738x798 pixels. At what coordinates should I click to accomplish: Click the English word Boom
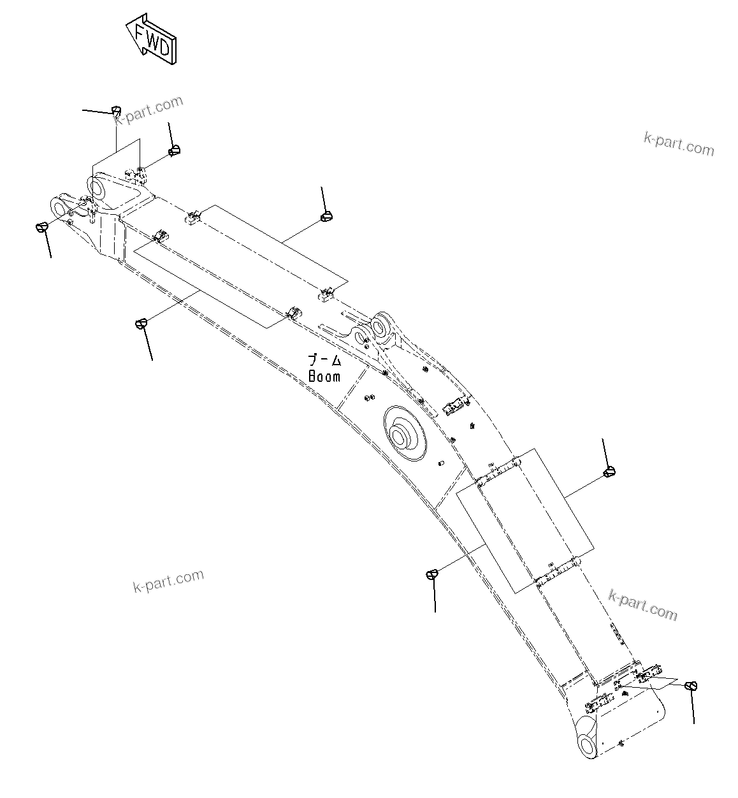pos(324,377)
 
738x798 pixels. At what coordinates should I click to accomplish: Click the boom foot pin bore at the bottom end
pos(588,744)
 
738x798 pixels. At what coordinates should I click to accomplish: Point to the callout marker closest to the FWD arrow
pos(117,110)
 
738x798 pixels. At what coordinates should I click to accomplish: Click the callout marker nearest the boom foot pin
pos(691,686)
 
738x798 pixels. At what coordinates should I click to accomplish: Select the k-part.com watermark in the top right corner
pos(679,144)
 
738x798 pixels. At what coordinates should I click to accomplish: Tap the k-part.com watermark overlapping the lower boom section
pos(642,604)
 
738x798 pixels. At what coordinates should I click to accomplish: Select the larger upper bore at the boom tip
pos(99,187)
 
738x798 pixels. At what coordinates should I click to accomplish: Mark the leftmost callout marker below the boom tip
pos(41,227)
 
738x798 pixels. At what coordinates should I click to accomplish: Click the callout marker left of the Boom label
pos(141,323)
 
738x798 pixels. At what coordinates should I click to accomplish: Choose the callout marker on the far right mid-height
pos(609,472)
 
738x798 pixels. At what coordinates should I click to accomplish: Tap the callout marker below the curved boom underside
pos(432,574)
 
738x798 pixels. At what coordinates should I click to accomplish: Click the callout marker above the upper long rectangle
pos(327,217)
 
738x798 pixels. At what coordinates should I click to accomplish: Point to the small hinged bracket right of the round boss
pos(457,406)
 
